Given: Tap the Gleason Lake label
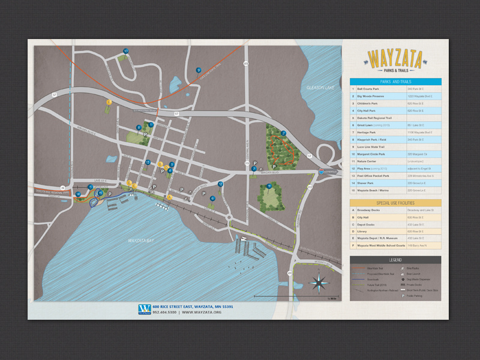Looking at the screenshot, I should pos(319,88).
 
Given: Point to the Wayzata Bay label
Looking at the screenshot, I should pos(142,241).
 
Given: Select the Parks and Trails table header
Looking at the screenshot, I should pos(395,82).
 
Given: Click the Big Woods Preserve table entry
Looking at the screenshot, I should pos(375,96).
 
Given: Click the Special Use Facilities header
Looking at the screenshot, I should pos(395,203).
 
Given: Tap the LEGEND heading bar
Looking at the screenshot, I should pos(395,259).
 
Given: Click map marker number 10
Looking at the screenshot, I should pos(125,51).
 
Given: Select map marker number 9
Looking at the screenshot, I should pos(198,70).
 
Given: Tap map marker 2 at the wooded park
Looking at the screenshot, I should pos(283,133).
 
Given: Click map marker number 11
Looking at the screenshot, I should pos(269,187).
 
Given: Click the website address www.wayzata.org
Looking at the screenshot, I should pos(202,312).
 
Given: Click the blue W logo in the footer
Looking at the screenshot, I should pos(144,309).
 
